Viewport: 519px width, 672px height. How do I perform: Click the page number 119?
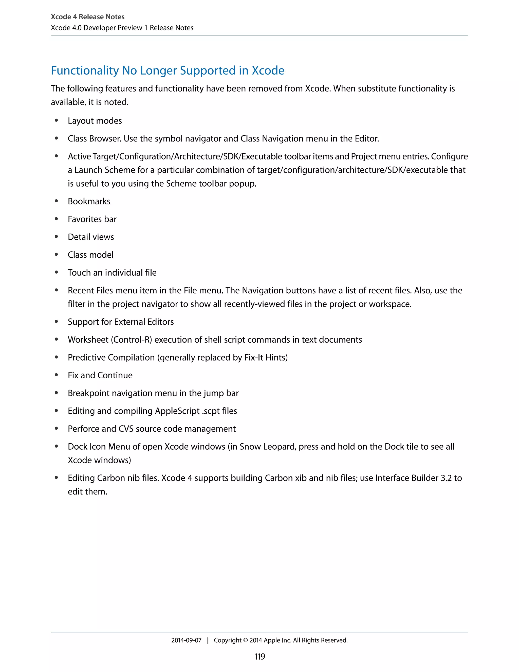coord(259,657)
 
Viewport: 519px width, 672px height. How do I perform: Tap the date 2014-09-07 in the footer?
coord(186,640)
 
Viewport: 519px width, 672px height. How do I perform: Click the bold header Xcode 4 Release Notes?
coord(88,17)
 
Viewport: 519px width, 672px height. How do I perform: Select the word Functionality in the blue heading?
coord(85,70)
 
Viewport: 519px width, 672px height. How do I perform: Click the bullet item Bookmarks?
coord(89,201)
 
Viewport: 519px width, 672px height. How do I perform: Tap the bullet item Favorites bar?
coord(92,219)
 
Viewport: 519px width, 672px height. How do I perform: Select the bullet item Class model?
coord(90,255)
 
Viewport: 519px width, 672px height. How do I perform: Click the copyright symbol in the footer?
coord(245,641)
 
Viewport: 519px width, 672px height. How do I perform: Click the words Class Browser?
coord(94,139)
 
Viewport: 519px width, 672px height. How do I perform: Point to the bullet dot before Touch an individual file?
coord(56,272)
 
